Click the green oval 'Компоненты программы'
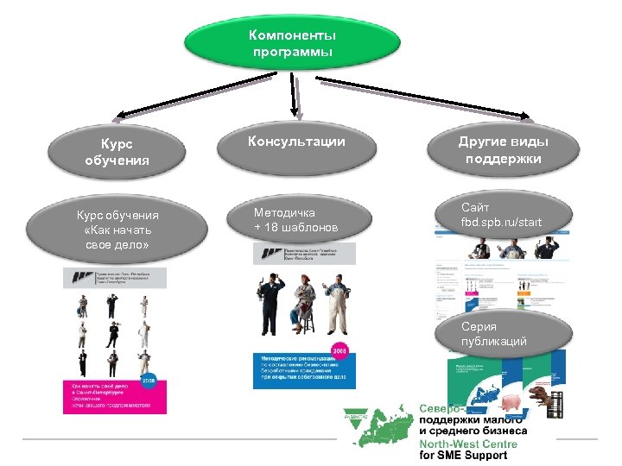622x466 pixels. pos(292,45)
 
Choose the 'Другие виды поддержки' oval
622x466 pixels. pos(504,150)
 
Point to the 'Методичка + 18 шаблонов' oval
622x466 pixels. pos(296,220)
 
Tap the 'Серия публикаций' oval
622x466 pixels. pos(493,335)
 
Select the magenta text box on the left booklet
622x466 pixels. pos(113,396)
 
